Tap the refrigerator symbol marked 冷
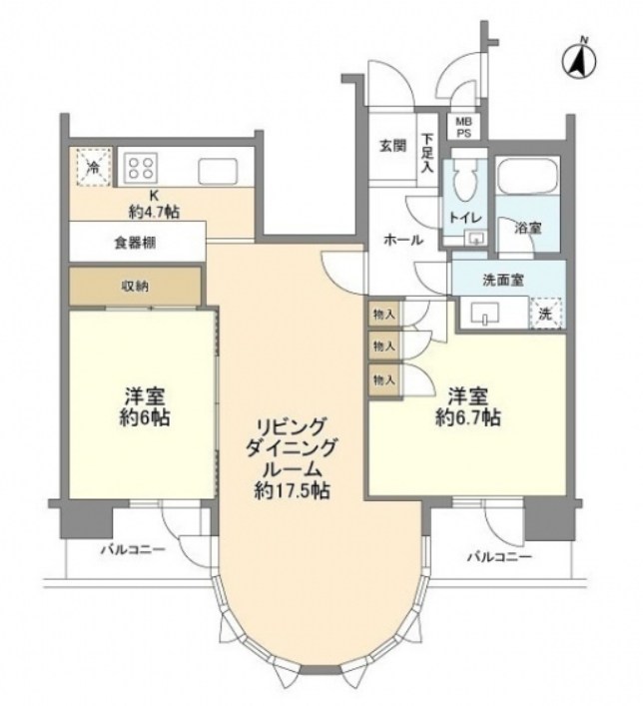click(92, 168)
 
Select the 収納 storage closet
click(136, 287)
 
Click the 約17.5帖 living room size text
click(291, 490)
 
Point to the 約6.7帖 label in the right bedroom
click(466, 418)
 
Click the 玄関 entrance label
click(391, 145)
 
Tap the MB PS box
click(466, 126)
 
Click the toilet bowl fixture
click(463, 185)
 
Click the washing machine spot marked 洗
click(545, 313)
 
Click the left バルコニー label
click(129, 550)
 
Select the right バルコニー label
click(498, 555)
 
